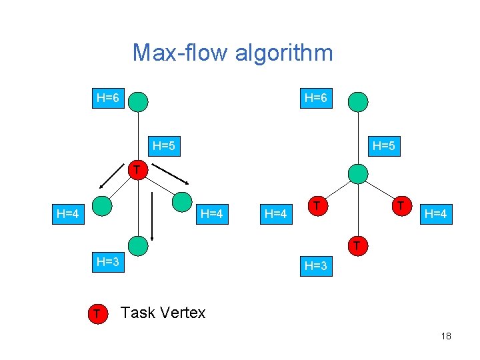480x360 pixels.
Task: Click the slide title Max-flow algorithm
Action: [232, 52]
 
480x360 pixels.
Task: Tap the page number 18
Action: [446, 336]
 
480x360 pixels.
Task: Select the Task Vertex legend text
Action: [163, 312]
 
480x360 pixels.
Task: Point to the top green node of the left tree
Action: [138, 101]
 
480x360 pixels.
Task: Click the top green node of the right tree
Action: [358, 101]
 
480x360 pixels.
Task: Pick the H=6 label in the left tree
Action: [107, 99]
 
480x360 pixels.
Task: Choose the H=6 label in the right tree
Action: [315, 99]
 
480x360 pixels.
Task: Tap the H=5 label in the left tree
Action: [163, 145]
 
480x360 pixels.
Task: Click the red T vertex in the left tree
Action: [136, 171]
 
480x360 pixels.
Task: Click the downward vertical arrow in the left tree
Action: [153, 217]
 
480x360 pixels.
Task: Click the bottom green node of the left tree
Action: [138, 246]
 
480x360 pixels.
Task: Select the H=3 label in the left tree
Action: [107, 261]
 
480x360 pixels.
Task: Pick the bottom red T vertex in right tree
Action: [357, 246]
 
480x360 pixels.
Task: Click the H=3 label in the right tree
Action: [315, 265]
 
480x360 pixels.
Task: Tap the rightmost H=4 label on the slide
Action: [437, 214]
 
